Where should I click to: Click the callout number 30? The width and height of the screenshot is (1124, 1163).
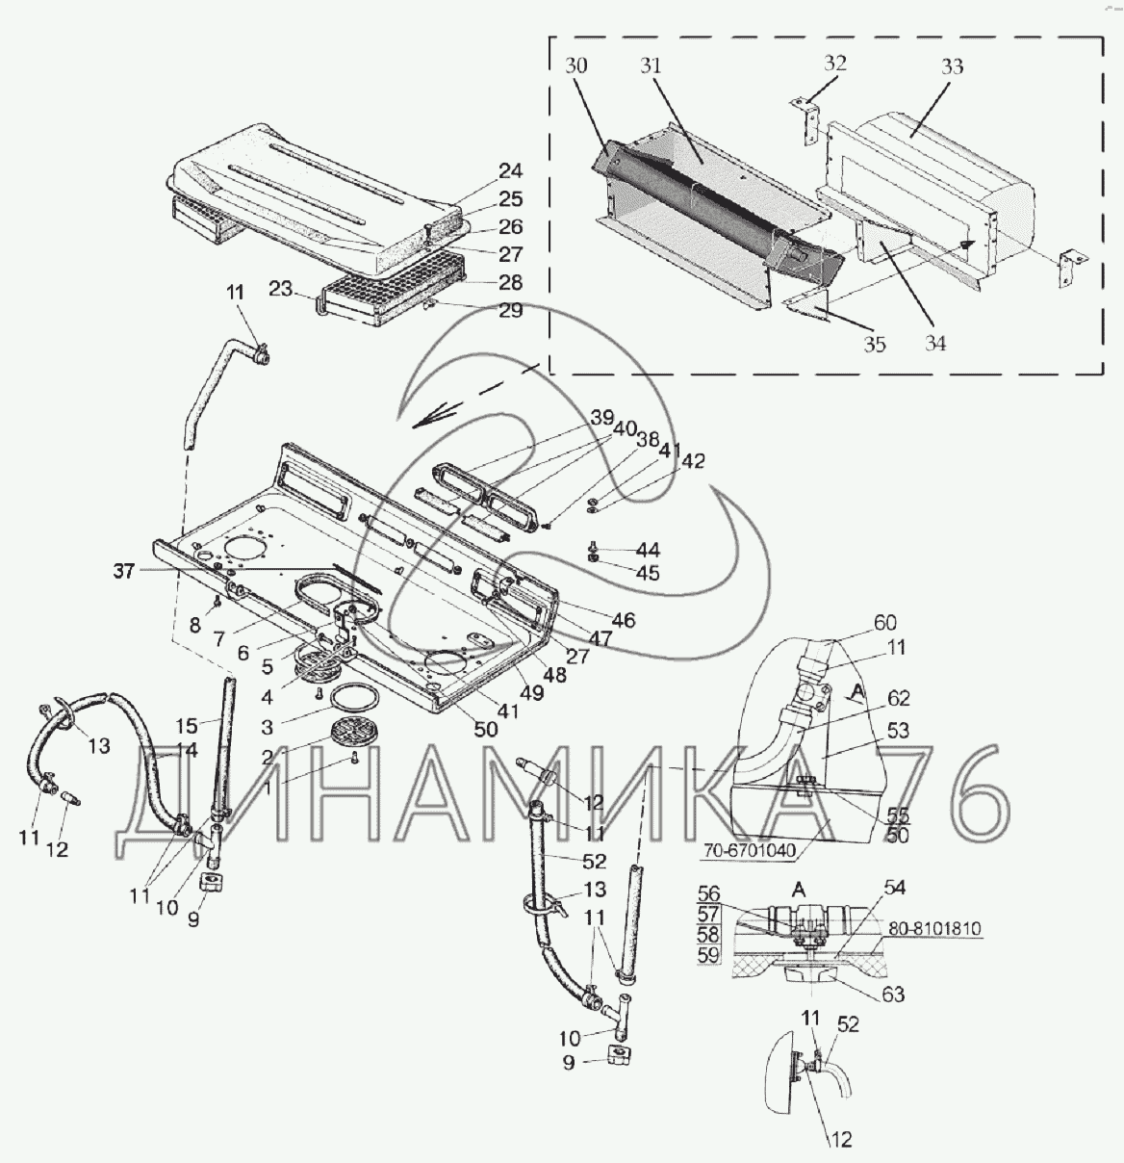[577, 65]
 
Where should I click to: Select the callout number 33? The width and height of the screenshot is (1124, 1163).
[952, 66]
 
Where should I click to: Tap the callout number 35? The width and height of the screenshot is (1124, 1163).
[874, 344]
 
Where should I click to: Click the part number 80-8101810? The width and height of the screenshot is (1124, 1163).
[933, 929]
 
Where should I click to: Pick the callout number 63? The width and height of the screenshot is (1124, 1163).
[893, 995]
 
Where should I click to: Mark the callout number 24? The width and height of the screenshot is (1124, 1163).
[510, 171]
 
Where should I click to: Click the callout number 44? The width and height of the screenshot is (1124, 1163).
[648, 550]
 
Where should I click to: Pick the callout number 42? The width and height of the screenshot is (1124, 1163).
[692, 461]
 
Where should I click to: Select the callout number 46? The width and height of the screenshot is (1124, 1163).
[624, 620]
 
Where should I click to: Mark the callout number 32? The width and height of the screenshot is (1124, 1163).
[834, 64]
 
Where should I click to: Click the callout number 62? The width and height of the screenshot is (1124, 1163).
[899, 698]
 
